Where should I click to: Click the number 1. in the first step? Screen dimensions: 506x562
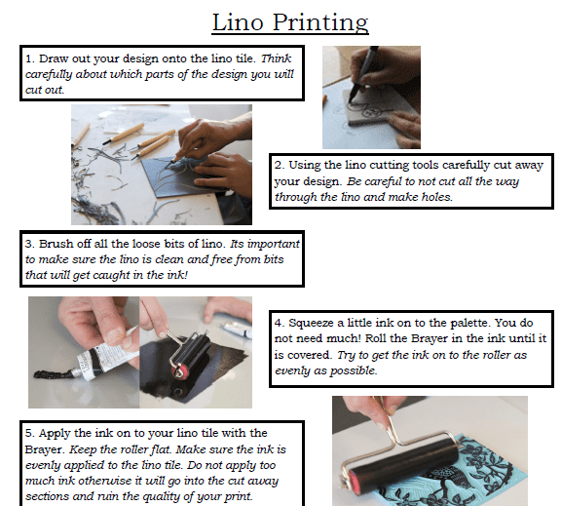(31, 58)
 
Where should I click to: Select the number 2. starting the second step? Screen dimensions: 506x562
(280, 165)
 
